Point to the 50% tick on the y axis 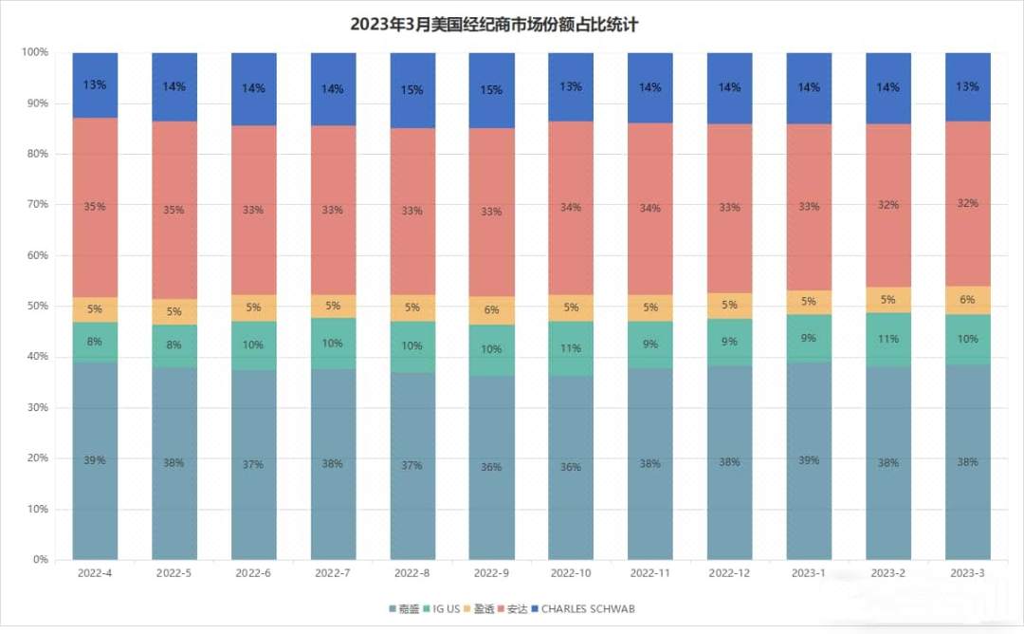click(36, 307)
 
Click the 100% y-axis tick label click(34, 52)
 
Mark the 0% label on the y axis click(39, 560)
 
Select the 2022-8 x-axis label click(412, 574)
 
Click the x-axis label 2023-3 click(968, 574)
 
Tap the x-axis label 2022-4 click(95, 574)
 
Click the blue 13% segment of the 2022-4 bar click(95, 85)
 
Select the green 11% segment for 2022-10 click(572, 348)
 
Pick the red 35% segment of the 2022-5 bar click(174, 209)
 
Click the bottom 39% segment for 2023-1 click(810, 460)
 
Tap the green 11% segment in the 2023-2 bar click(888, 340)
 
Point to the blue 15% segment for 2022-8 click(412, 90)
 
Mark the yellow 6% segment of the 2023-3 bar click(968, 300)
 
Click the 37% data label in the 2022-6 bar click(254, 465)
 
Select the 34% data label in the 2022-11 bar click(650, 209)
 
